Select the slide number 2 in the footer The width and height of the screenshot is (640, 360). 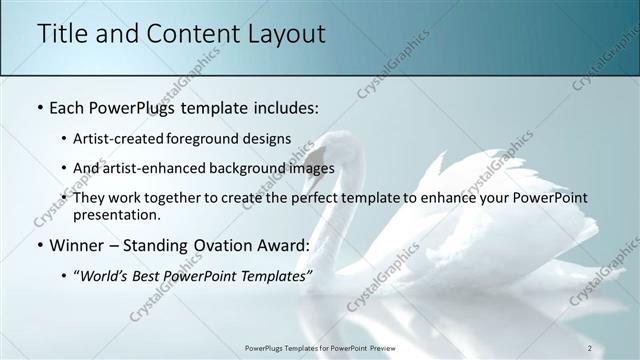(x=590, y=347)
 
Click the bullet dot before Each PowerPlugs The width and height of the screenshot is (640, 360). (x=38, y=105)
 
